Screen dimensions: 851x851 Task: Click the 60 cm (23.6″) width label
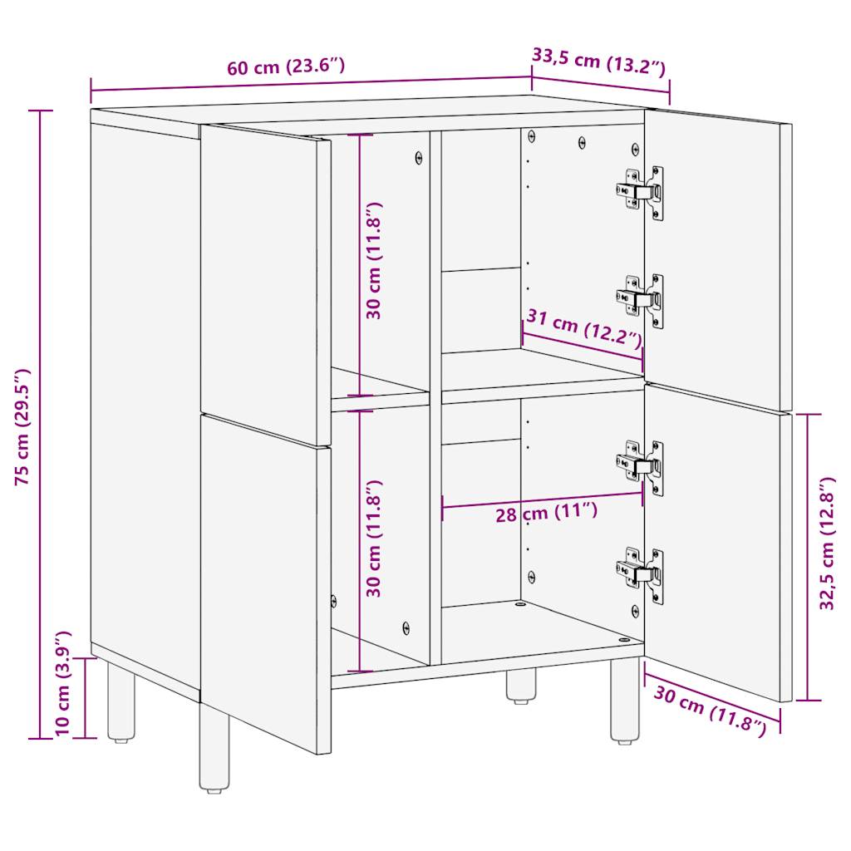click(x=285, y=67)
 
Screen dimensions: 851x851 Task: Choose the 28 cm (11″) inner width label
click(x=546, y=512)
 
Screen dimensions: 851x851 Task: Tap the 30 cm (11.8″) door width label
click(x=709, y=711)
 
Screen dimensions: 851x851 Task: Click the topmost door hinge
click(x=641, y=192)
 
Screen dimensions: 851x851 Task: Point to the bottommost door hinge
click(x=641, y=574)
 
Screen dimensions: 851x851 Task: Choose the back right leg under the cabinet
click(x=521, y=686)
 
